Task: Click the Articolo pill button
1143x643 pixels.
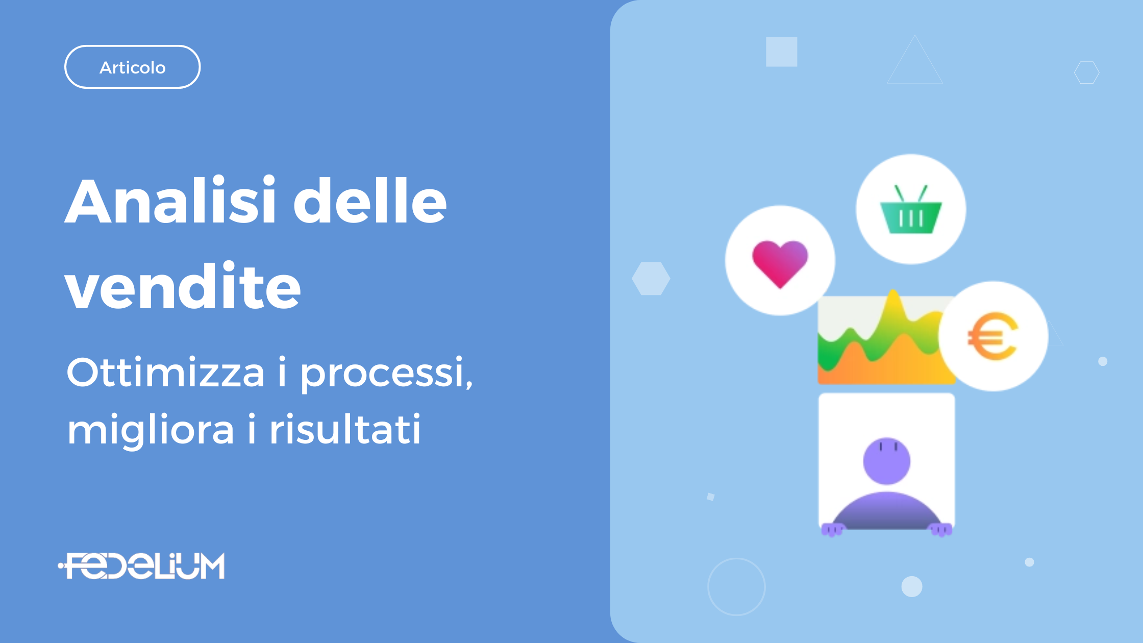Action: (132, 67)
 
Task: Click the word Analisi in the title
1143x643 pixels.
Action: (170, 200)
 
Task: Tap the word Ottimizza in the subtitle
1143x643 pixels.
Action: (166, 372)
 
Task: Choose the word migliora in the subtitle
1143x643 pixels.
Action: (151, 430)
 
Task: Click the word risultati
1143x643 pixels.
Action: (345, 429)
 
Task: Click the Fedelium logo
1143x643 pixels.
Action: (141, 566)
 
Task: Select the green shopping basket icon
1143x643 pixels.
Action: (911, 209)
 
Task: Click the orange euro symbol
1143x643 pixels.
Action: (992, 336)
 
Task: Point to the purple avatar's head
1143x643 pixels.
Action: (886, 461)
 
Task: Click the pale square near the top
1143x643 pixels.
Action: (781, 52)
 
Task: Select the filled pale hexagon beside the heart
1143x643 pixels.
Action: (651, 278)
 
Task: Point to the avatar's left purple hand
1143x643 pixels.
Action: (832, 530)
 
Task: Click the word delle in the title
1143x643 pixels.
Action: (370, 200)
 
